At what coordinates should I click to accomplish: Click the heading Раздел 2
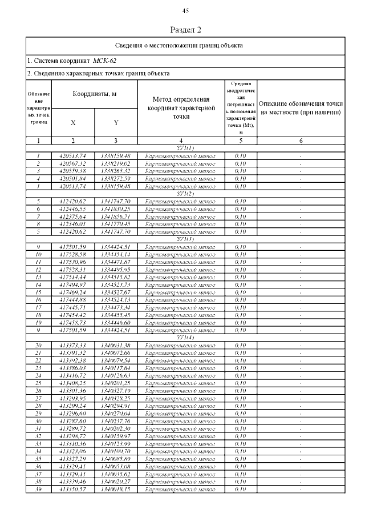point(186,29)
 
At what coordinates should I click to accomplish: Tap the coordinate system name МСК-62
point(106,60)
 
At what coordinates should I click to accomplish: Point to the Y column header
point(116,122)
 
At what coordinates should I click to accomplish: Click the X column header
point(72,122)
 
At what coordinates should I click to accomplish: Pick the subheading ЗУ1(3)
point(186,239)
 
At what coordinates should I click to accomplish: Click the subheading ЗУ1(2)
point(186,194)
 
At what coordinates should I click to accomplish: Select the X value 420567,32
point(72,163)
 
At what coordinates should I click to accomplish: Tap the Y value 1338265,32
point(116,171)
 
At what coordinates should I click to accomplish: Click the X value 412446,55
point(72,209)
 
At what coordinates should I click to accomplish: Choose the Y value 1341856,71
point(116,217)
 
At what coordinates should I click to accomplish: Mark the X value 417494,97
point(72,284)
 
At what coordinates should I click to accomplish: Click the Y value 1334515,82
point(116,277)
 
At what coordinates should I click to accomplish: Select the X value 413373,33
point(72,345)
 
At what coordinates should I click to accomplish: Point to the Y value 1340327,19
point(116,390)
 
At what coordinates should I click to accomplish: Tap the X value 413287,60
point(72,420)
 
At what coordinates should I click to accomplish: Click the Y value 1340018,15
point(116,488)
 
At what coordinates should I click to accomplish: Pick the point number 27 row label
point(39,398)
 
